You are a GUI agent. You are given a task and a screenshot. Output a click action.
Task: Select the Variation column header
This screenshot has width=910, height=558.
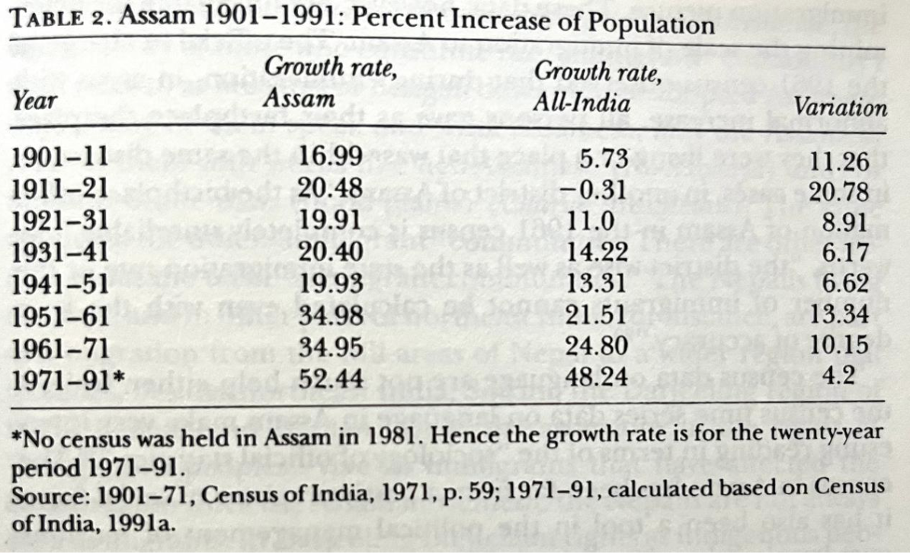point(841,107)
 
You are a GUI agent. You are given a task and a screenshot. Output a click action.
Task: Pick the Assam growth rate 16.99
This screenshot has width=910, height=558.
point(330,159)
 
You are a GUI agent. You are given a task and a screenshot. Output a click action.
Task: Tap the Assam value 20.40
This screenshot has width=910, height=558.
point(330,251)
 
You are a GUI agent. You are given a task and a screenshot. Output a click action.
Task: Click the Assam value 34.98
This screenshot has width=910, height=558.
point(330,313)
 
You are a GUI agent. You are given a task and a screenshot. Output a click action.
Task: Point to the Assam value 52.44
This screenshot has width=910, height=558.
point(330,376)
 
